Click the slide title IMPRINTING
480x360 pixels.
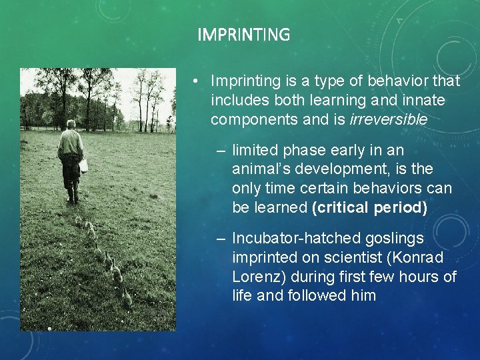(243, 35)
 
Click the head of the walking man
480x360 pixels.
(71, 125)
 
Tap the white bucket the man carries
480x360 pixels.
(83, 165)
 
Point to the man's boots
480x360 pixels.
(72, 197)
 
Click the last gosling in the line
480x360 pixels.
(126, 297)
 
